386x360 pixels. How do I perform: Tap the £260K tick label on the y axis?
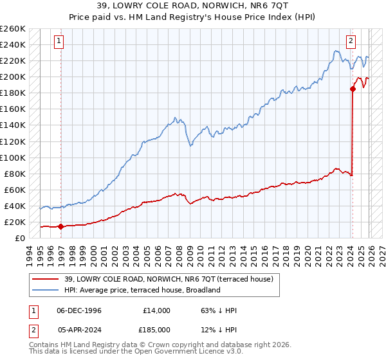pyautogui.click(x=13, y=28)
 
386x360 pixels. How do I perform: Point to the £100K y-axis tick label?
pyautogui.click(x=13, y=157)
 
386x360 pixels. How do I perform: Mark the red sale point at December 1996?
pyautogui.click(x=60, y=226)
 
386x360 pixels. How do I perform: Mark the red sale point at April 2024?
pyautogui.click(x=353, y=89)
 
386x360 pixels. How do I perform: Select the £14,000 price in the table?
pyautogui.click(x=155, y=310)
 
